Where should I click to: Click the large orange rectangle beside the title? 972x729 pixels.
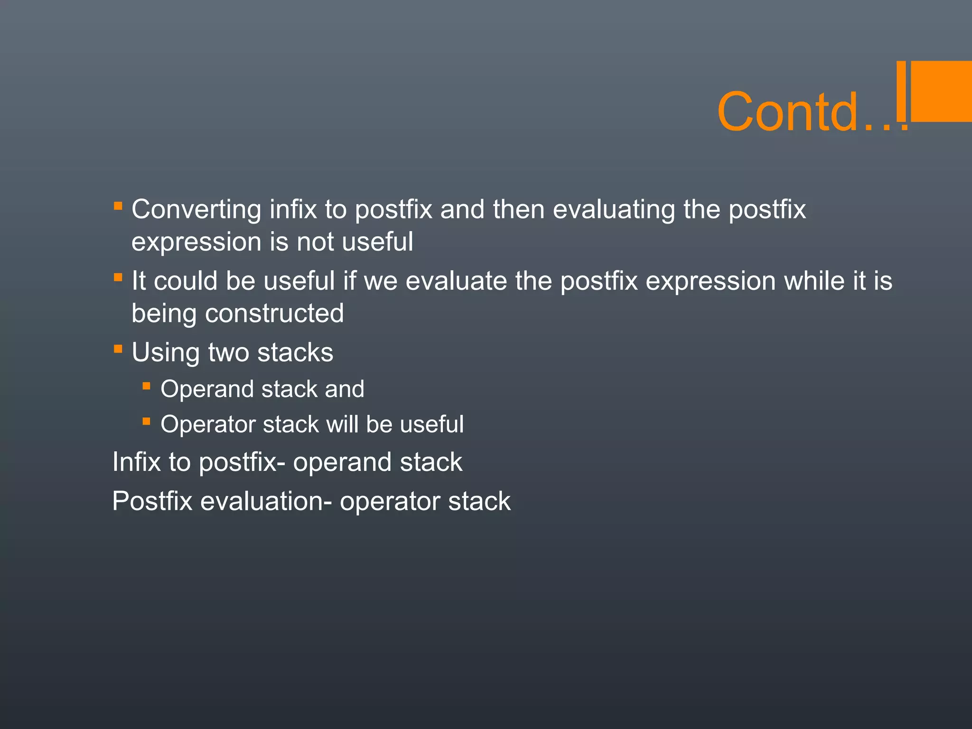pyautogui.click(x=941, y=91)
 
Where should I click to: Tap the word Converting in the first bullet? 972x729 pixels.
pyautogui.click(x=196, y=209)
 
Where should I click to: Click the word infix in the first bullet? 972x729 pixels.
pyautogui.click(x=293, y=209)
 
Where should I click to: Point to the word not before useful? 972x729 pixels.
pyautogui.click(x=315, y=242)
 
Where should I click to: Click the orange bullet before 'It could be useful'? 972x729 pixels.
pyautogui.click(x=118, y=277)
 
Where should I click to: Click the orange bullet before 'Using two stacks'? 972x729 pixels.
pyautogui.click(x=118, y=349)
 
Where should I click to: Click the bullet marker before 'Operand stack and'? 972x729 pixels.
pyautogui.click(x=146, y=386)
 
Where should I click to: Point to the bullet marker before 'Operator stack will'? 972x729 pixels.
pyautogui.click(x=146, y=421)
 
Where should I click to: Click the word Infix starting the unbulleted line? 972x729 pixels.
pyautogui.click(x=137, y=462)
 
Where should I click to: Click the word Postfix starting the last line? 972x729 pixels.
pyautogui.click(x=152, y=501)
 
